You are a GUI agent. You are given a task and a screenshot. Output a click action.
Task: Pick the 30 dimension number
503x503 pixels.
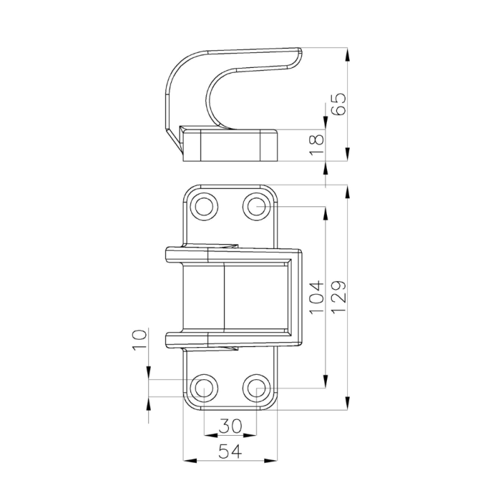(x=230, y=426)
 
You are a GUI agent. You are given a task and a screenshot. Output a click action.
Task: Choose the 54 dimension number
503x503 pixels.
(x=230, y=451)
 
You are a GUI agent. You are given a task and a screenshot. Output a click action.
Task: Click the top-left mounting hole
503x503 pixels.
(x=204, y=206)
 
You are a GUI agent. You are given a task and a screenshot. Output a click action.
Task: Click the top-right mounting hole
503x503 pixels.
(x=256, y=206)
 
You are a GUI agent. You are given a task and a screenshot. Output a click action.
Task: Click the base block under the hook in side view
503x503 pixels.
(x=230, y=145)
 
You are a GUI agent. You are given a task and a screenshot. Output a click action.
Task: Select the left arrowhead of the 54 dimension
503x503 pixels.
(x=187, y=461)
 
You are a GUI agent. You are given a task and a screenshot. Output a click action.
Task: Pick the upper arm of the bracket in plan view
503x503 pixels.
(x=233, y=254)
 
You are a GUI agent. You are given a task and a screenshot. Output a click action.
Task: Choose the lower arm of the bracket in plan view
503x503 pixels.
(x=233, y=339)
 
